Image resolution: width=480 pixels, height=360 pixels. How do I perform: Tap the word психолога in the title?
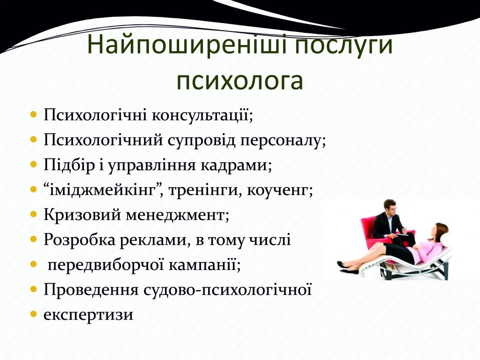[240, 81]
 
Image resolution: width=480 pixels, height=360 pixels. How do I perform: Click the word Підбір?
[69, 165]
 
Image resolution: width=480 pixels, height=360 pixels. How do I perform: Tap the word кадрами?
[236, 166]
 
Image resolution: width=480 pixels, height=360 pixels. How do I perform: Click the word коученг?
[279, 191]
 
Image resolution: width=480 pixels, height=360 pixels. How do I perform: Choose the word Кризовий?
[82, 215]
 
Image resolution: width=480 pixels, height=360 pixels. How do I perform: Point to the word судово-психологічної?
[227, 290]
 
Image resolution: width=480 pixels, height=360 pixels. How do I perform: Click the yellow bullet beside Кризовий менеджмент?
[34, 215]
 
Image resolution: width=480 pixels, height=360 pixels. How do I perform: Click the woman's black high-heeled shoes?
[347, 267]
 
